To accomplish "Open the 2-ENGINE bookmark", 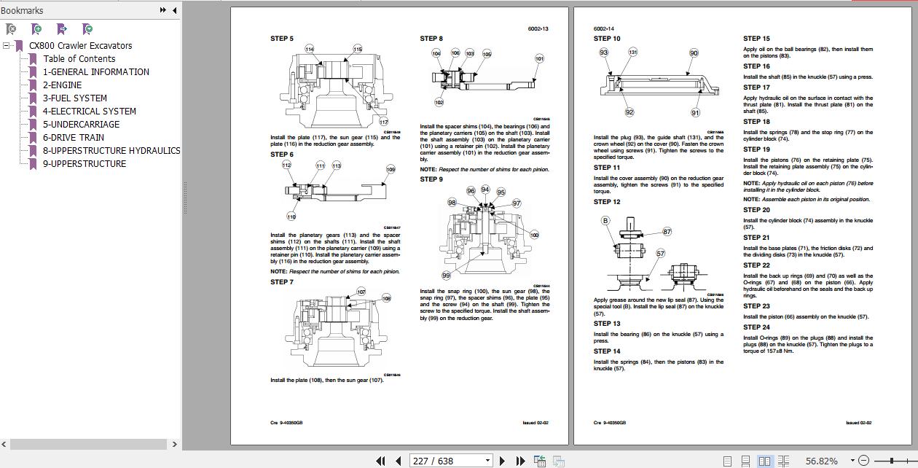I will coord(62,85).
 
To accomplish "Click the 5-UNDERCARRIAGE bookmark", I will coord(80,124).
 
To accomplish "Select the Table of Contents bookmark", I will coord(79,58).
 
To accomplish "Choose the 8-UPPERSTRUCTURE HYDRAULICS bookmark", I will coord(111,150).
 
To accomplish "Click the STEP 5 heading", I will coord(282,39).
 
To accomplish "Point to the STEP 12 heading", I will coord(607,202).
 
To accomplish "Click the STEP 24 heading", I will coord(756,327).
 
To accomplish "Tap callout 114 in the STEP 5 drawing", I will coord(309,50).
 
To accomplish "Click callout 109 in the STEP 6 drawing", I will coord(391,169).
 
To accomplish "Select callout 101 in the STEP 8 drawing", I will coord(539,58).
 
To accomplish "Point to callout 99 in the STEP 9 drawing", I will coord(446,276).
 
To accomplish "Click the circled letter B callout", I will coord(605,220).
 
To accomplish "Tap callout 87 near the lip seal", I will coord(667,232).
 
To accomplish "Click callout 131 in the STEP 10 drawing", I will coord(632,52).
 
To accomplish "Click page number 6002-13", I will coord(538,28).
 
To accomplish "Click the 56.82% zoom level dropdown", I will coord(825,461).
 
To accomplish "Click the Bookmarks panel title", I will coord(22,10).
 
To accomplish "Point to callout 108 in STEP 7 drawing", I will coord(386,297).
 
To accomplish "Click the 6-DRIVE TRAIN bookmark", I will coord(73,137).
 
